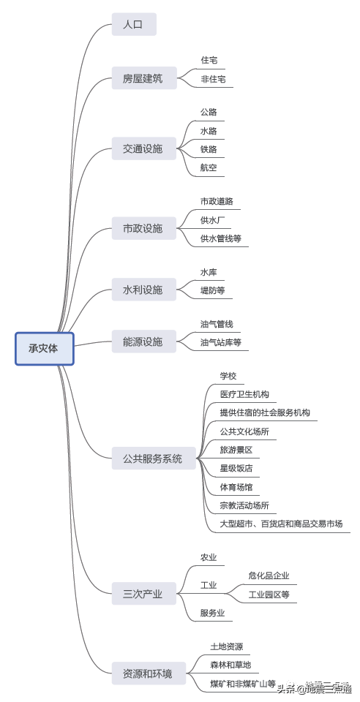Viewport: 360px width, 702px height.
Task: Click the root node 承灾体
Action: [x=44, y=348]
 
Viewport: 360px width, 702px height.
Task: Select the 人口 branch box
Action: [x=134, y=25]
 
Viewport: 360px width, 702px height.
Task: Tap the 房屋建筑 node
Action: [x=143, y=78]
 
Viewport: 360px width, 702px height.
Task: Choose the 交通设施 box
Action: [x=143, y=149]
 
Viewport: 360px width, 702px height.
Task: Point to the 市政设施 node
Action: [x=143, y=229]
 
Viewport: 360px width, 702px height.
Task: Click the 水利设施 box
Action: [x=143, y=290]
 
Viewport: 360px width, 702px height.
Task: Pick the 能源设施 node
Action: [x=143, y=341]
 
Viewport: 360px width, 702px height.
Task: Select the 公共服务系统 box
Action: [x=153, y=459]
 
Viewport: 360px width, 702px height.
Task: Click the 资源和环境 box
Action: [x=148, y=673]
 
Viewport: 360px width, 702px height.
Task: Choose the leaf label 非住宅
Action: [x=213, y=79]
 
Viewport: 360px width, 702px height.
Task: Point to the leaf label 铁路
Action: [x=209, y=150]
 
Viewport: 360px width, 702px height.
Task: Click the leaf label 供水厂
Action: [x=213, y=219]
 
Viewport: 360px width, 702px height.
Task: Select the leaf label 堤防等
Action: [x=213, y=291]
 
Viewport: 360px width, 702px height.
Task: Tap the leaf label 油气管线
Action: [x=217, y=324]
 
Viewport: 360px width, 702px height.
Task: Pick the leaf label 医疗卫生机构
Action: [x=244, y=395]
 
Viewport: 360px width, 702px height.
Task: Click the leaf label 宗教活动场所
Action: [x=244, y=505]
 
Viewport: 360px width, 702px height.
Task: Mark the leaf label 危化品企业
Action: [x=269, y=576]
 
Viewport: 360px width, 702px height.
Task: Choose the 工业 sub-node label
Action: [x=209, y=585]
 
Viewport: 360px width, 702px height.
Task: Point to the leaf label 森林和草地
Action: [x=230, y=665]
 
